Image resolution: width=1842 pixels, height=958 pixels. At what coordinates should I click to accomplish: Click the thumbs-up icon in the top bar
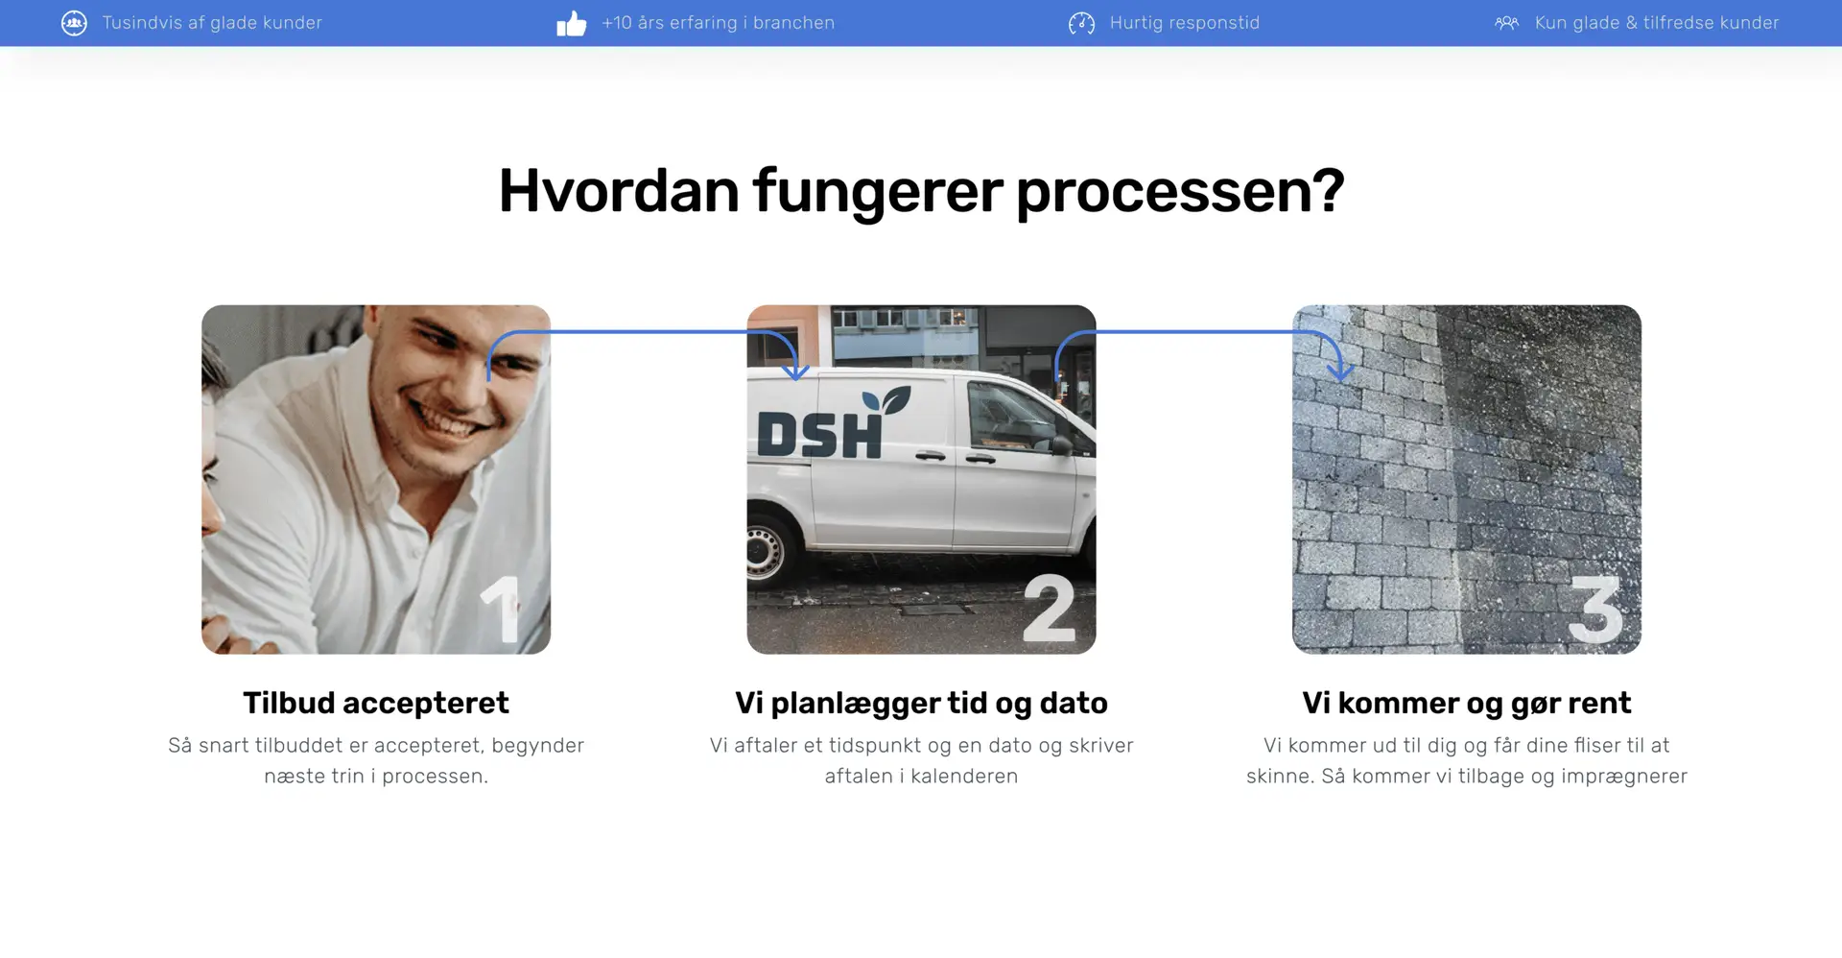pyautogui.click(x=571, y=23)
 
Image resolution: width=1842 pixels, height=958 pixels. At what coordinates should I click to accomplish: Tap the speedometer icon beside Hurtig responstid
pyautogui.click(x=1081, y=23)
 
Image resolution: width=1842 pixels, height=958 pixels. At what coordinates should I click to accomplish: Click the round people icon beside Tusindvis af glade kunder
pyautogui.click(x=74, y=23)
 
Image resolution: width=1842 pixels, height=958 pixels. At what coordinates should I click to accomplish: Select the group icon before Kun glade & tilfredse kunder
pyautogui.click(x=1506, y=23)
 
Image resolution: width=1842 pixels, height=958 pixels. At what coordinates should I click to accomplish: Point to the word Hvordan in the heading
pyautogui.click(x=619, y=190)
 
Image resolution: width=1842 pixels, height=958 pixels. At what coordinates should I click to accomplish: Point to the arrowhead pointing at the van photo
pyautogui.click(x=795, y=371)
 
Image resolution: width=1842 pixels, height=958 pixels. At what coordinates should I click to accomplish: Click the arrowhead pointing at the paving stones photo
pyautogui.click(x=1340, y=371)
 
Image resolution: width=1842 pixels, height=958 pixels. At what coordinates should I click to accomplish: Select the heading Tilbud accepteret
pyautogui.click(x=376, y=703)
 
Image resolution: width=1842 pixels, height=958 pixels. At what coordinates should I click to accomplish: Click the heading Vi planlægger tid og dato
pyautogui.click(x=921, y=704)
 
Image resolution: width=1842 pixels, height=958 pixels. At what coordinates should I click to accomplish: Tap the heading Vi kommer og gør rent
pyautogui.click(x=1466, y=704)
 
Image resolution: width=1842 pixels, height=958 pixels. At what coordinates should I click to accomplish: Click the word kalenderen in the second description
pyautogui.click(x=964, y=776)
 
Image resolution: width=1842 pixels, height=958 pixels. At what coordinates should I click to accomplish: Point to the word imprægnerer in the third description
pyautogui.click(x=1623, y=777)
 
